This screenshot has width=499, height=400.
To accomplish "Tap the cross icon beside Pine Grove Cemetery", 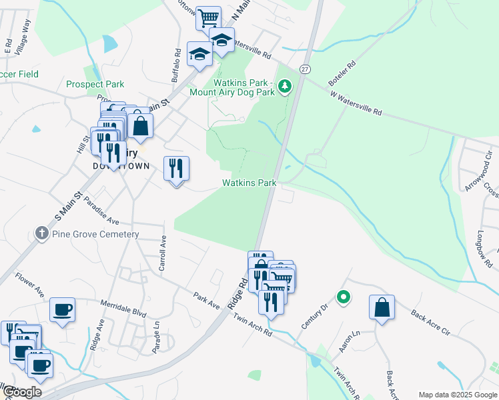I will pyautogui.click(x=42, y=234).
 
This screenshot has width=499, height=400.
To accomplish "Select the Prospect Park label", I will pyautogui.click(x=95, y=85).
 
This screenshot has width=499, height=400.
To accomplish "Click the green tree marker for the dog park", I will pyautogui.click(x=285, y=86).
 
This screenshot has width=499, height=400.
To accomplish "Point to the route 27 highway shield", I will pyautogui.click(x=305, y=69).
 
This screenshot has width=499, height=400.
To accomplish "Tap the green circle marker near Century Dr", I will pyautogui.click(x=344, y=297).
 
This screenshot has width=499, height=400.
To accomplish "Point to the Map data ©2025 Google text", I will pyautogui.click(x=458, y=395).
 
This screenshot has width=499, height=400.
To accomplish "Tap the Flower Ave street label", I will pyautogui.click(x=29, y=283).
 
